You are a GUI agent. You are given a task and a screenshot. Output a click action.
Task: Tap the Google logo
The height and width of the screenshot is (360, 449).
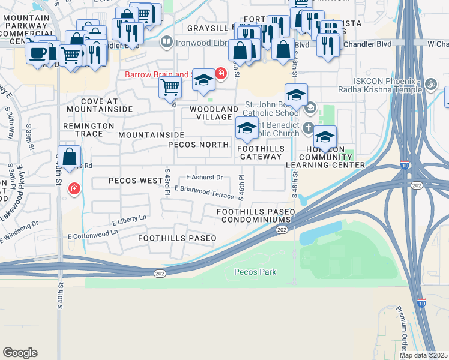point(20,352)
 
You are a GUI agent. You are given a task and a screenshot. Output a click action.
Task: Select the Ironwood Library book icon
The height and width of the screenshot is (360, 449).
point(167,42)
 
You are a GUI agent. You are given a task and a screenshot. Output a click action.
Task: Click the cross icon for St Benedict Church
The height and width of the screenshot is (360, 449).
point(308,127)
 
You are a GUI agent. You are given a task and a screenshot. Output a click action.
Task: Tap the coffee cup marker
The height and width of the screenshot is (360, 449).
point(37,53)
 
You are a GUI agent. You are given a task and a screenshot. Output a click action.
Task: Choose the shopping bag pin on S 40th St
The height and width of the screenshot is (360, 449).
point(70,157)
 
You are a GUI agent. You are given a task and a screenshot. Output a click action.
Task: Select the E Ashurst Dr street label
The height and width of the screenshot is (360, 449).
point(205,178)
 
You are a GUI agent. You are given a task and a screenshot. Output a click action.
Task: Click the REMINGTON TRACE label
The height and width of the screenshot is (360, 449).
point(88,130)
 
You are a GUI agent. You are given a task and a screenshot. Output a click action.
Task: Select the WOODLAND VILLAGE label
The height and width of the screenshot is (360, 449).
point(214,113)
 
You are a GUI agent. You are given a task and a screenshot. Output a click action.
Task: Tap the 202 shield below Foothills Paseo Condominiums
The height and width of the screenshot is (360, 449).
point(282,230)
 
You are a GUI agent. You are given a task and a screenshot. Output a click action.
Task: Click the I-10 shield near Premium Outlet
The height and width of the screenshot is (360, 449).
point(422,303)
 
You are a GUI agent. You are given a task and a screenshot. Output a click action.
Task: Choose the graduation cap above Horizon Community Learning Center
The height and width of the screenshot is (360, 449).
point(325,136)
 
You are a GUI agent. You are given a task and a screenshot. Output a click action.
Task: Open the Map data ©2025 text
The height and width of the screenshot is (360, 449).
point(423,355)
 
